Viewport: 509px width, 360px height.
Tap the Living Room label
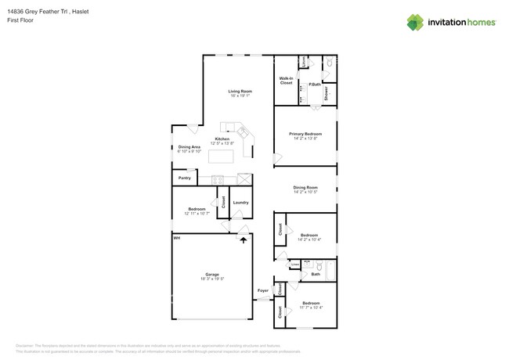coord(240,92)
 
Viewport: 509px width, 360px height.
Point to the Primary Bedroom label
coord(305,134)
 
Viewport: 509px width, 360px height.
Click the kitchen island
coord(222,157)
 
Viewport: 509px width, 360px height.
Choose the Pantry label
coord(184,178)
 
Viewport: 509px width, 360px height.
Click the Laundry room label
coord(240,203)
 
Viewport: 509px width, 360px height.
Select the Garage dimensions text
coord(212,279)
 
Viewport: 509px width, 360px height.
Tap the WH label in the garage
coord(177,237)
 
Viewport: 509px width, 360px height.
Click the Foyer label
coord(263,291)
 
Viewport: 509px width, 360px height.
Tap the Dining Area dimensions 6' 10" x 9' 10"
coord(190,151)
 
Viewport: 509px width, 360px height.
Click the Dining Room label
coord(305,187)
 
